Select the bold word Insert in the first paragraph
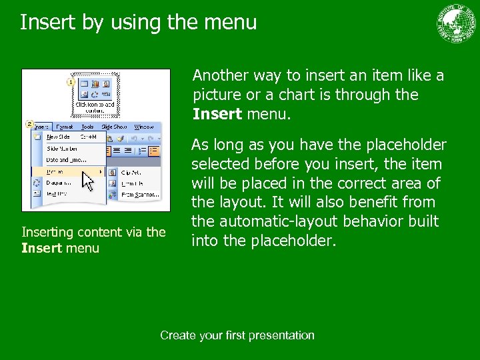click(x=217, y=114)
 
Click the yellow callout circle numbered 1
click(x=70, y=81)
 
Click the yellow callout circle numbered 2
click(x=29, y=124)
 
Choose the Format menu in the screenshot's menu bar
click(x=65, y=127)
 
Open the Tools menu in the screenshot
click(x=87, y=127)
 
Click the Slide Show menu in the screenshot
click(x=113, y=127)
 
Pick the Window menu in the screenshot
click(x=143, y=127)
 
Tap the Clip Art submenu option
click(x=131, y=171)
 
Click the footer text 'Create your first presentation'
click(x=237, y=335)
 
